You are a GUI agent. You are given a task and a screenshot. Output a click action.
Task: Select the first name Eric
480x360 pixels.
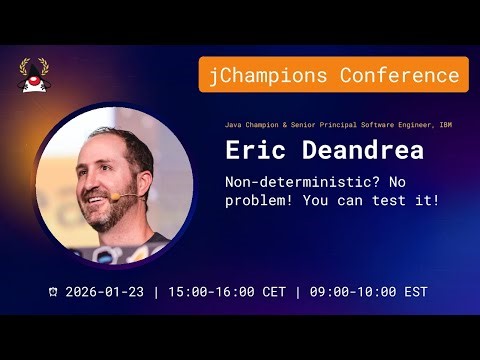(x=252, y=151)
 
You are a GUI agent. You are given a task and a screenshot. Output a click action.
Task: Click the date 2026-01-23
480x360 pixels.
(x=105, y=292)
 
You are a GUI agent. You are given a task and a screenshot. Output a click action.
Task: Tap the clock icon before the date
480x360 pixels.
(x=52, y=293)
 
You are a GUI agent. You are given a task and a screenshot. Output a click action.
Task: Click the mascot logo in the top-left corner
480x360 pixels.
(x=33, y=74)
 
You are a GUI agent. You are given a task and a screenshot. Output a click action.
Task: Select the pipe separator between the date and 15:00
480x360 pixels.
(x=156, y=292)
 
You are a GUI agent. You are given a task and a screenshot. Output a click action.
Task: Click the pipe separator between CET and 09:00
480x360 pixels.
(x=297, y=292)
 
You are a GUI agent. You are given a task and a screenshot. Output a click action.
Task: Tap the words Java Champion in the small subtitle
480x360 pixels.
(x=247, y=125)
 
